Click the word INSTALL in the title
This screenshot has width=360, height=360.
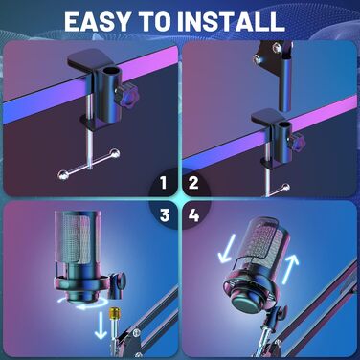[231, 22]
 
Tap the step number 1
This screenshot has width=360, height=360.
[164, 183]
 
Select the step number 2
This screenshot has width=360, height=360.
[193, 183]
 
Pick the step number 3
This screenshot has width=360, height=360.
[165, 215]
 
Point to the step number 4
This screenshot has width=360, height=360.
[193, 215]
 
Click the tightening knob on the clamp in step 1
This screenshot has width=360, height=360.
[127, 93]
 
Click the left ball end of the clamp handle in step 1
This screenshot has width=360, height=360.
[63, 174]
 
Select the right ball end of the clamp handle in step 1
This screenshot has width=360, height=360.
[115, 153]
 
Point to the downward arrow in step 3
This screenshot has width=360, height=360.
[101, 325]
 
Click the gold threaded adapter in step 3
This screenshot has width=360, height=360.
[114, 314]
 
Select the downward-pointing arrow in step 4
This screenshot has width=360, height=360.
[227, 249]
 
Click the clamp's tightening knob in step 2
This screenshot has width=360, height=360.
[298, 142]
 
